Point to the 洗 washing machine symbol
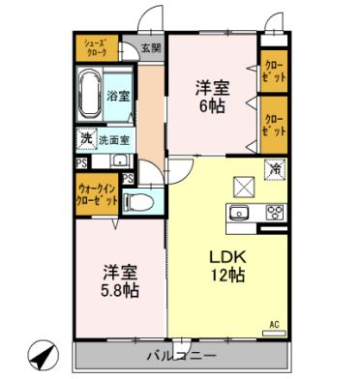point(86,138)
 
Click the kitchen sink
point(240,213)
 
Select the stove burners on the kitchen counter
point(274,213)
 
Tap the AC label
point(274,323)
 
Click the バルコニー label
point(183,354)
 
